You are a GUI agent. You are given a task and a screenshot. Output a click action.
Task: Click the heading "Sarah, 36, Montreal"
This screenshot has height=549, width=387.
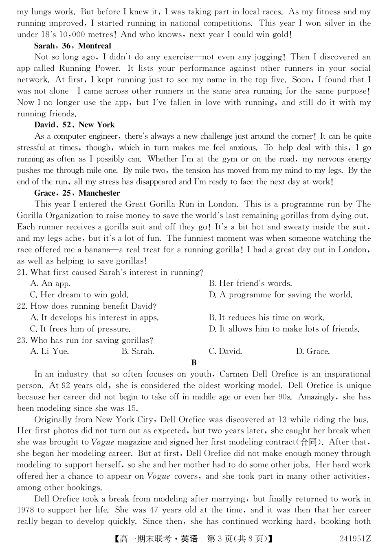[73, 46]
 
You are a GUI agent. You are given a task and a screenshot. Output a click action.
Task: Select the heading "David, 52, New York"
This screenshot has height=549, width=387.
[75, 125]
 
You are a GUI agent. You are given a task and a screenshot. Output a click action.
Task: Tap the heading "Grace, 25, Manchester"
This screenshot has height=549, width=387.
[77, 193]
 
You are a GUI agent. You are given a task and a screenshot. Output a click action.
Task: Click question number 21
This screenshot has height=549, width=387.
[22, 272]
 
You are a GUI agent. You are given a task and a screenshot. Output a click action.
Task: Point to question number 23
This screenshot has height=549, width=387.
[22, 340]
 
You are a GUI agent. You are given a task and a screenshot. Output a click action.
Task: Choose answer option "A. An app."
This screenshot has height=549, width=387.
[50, 283]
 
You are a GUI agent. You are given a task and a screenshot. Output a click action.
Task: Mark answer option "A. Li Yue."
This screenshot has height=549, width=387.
[50, 351]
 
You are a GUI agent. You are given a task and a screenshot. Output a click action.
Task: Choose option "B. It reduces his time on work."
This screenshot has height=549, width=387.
[267, 318]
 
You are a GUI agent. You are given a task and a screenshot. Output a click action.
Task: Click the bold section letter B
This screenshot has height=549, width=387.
[194, 363]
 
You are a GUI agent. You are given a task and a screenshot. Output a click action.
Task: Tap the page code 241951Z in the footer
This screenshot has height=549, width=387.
[355, 539]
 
